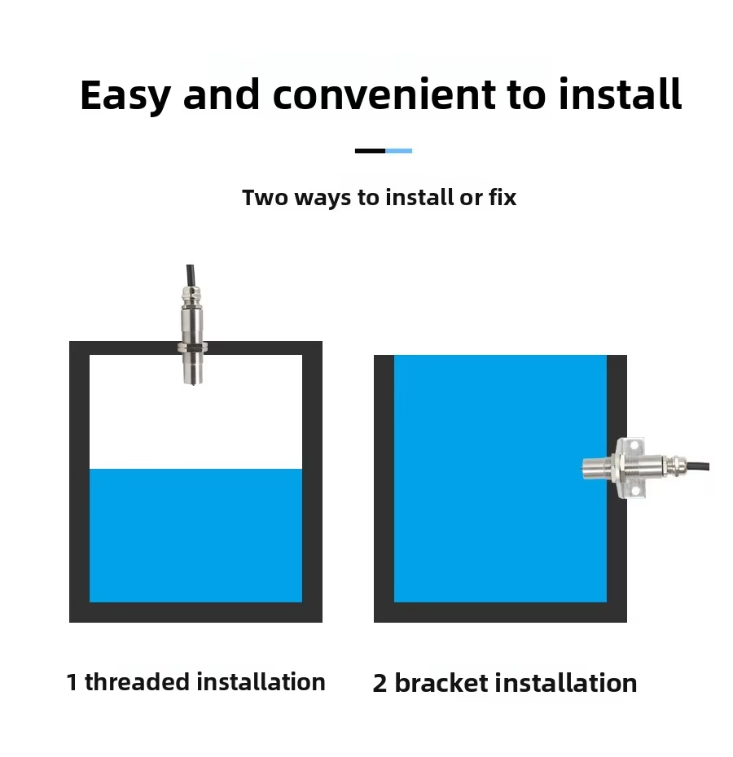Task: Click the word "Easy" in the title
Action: coord(125,96)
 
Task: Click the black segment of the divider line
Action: coord(370,151)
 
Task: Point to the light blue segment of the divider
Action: coord(398,151)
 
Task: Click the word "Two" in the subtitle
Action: coord(265,198)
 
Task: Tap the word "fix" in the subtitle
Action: coord(503,197)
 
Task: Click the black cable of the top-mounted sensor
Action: coord(191,276)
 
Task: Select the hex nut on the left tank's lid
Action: coord(193,346)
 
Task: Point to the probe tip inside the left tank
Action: coord(193,381)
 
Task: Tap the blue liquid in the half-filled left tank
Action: coord(195,536)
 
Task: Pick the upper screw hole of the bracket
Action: coord(636,444)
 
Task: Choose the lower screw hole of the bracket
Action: coord(636,491)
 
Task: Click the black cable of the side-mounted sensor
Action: coord(698,466)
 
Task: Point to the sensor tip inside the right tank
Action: coord(586,467)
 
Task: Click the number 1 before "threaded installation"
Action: coord(72,683)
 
